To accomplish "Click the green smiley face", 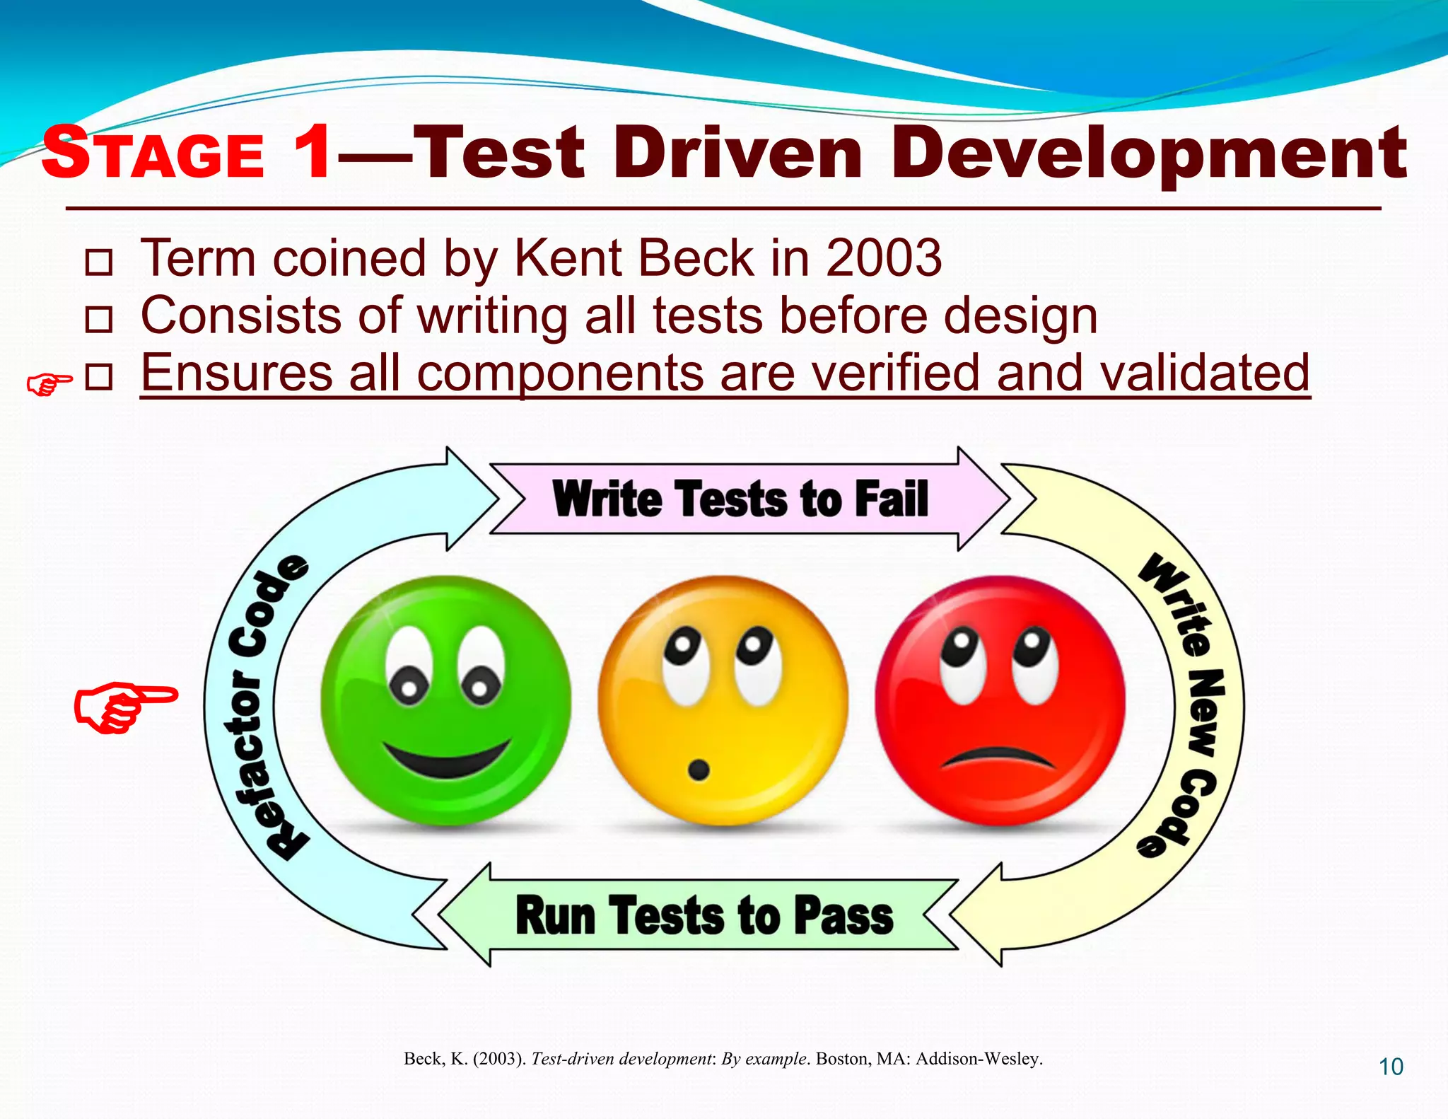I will pyautogui.click(x=445, y=700).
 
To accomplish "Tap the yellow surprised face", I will pyautogui.click(x=723, y=700).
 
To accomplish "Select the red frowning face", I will pyautogui.click(x=1000, y=700).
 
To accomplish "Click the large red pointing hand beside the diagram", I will pyautogui.click(x=124, y=707).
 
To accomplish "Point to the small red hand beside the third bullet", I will pyautogui.click(x=49, y=384).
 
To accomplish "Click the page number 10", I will pyautogui.click(x=1391, y=1067).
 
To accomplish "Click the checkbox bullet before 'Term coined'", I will pyautogui.click(x=98, y=262).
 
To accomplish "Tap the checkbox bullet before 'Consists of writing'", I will pyautogui.click(x=98, y=320).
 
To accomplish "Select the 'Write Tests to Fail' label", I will pyautogui.click(x=740, y=499).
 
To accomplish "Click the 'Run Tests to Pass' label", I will pyautogui.click(x=704, y=915).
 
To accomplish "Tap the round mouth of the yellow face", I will pyautogui.click(x=699, y=770).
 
